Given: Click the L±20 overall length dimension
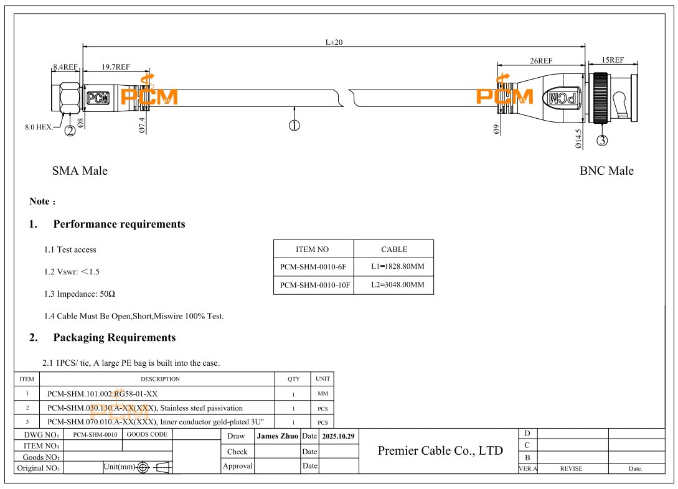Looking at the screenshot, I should pyautogui.click(x=334, y=42).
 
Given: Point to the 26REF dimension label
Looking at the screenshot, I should pyautogui.click(x=540, y=60).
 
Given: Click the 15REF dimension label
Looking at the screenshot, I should pyautogui.click(x=613, y=60).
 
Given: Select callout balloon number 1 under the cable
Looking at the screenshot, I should pyautogui.click(x=294, y=125).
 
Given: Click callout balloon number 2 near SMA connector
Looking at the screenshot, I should pyautogui.click(x=70, y=130).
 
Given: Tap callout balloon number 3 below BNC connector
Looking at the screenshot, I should pyautogui.click(x=602, y=140).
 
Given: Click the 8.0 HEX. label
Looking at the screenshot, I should pyautogui.click(x=38, y=126).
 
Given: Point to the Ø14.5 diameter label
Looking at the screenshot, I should pyautogui.click(x=578, y=139).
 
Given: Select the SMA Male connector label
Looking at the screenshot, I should pyautogui.click(x=80, y=171).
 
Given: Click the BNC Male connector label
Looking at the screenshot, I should pyautogui.click(x=606, y=171).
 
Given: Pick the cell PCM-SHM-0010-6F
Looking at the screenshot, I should pyautogui.click(x=313, y=267).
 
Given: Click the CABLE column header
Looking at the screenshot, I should pyautogui.click(x=393, y=249).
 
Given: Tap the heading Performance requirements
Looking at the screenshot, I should pyautogui.click(x=119, y=224).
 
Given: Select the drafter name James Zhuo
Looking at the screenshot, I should pyautogui.click(x=277, y=436).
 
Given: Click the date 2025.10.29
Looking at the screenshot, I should pyautogui.click(x=338, y=436).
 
